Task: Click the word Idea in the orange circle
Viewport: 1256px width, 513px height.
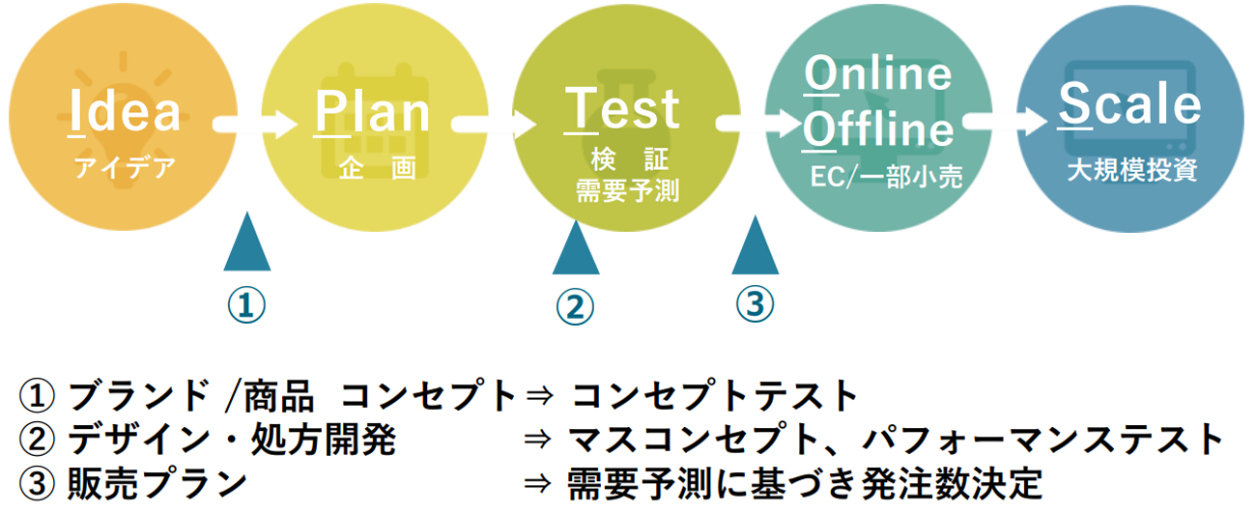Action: click(x=126, y=112)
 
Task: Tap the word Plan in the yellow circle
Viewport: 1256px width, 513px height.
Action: click(x=373, y=112)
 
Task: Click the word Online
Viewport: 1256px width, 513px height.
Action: click(x=878, y=74)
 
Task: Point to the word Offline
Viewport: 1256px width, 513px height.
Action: click(x=878, y=130)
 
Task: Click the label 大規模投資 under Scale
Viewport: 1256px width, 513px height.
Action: click(x=1132, y=171)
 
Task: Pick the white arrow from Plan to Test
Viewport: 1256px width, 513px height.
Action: click(x=493, y=124)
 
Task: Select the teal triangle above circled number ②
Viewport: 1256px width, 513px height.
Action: click(x=576, y=251)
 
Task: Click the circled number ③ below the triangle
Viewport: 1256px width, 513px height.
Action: click(x=755, y=304)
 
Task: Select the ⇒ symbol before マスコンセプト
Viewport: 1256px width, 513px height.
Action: click(x=537, y=441)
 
